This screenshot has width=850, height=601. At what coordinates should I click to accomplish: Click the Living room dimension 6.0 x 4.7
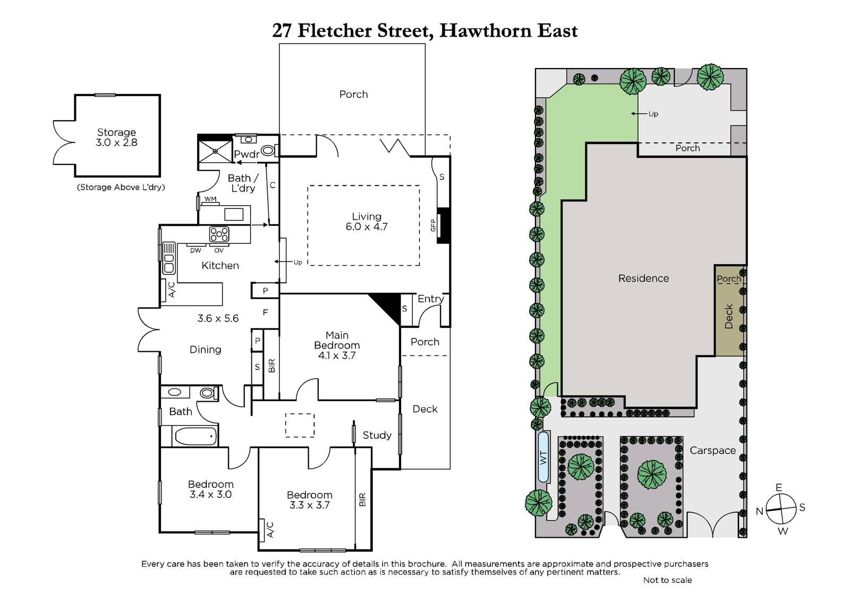point(366,227)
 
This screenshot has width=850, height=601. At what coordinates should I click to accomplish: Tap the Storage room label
point(116,132)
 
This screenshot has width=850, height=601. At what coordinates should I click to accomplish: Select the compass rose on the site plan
point(780,509)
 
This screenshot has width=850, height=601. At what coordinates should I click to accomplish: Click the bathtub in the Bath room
point(196,436)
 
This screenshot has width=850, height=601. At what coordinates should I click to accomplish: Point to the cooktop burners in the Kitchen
point(219,234)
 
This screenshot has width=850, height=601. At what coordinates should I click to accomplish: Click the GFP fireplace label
point(433,225)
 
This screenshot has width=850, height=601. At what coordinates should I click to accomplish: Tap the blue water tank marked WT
point(543,457)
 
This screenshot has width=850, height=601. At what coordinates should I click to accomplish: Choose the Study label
point(377,435)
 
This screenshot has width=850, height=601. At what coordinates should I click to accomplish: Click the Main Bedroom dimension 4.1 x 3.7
point(337,355)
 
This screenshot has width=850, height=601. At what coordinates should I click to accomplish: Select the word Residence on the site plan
point(643,278)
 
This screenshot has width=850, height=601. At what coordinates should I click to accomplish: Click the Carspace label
point(712,451)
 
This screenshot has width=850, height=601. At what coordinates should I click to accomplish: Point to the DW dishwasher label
point(195,251)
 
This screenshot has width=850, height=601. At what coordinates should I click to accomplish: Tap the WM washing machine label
point(210,199)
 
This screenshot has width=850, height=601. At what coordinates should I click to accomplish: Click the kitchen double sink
point(169,258)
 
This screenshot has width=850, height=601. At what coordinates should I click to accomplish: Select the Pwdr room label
point(246,154)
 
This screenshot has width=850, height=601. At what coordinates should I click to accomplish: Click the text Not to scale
point(667,580)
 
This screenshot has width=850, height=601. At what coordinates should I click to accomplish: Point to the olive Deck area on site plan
point(729,310)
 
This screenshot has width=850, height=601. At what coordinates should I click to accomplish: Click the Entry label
point(431,299)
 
